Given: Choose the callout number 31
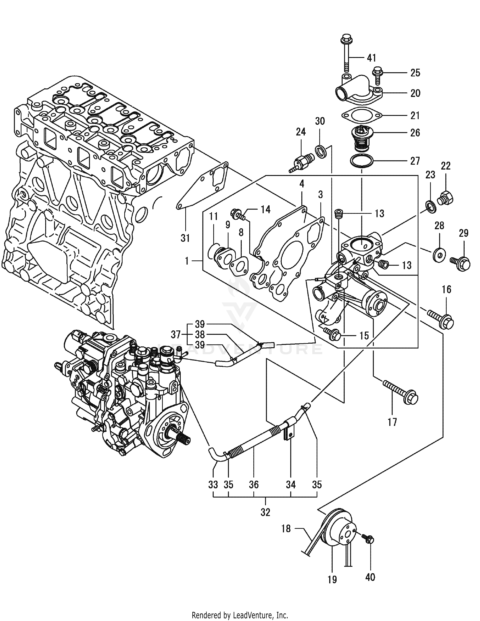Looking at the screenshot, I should coord(185,238).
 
